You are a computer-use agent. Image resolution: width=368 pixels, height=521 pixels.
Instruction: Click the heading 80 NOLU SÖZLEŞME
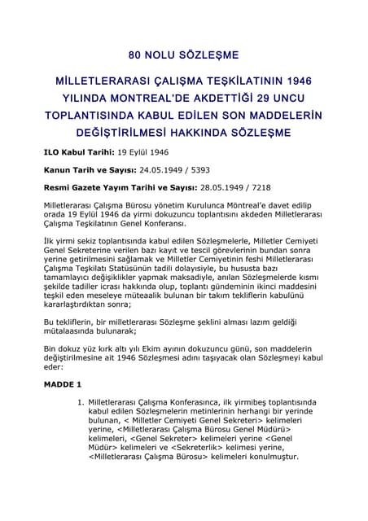click(183, 56)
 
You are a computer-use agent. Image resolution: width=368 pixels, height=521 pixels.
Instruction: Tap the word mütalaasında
click(74, 332)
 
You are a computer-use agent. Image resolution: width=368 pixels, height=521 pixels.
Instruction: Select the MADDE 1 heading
click(63, 383)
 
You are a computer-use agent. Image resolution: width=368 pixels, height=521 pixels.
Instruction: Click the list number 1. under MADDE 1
click(80, 402)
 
